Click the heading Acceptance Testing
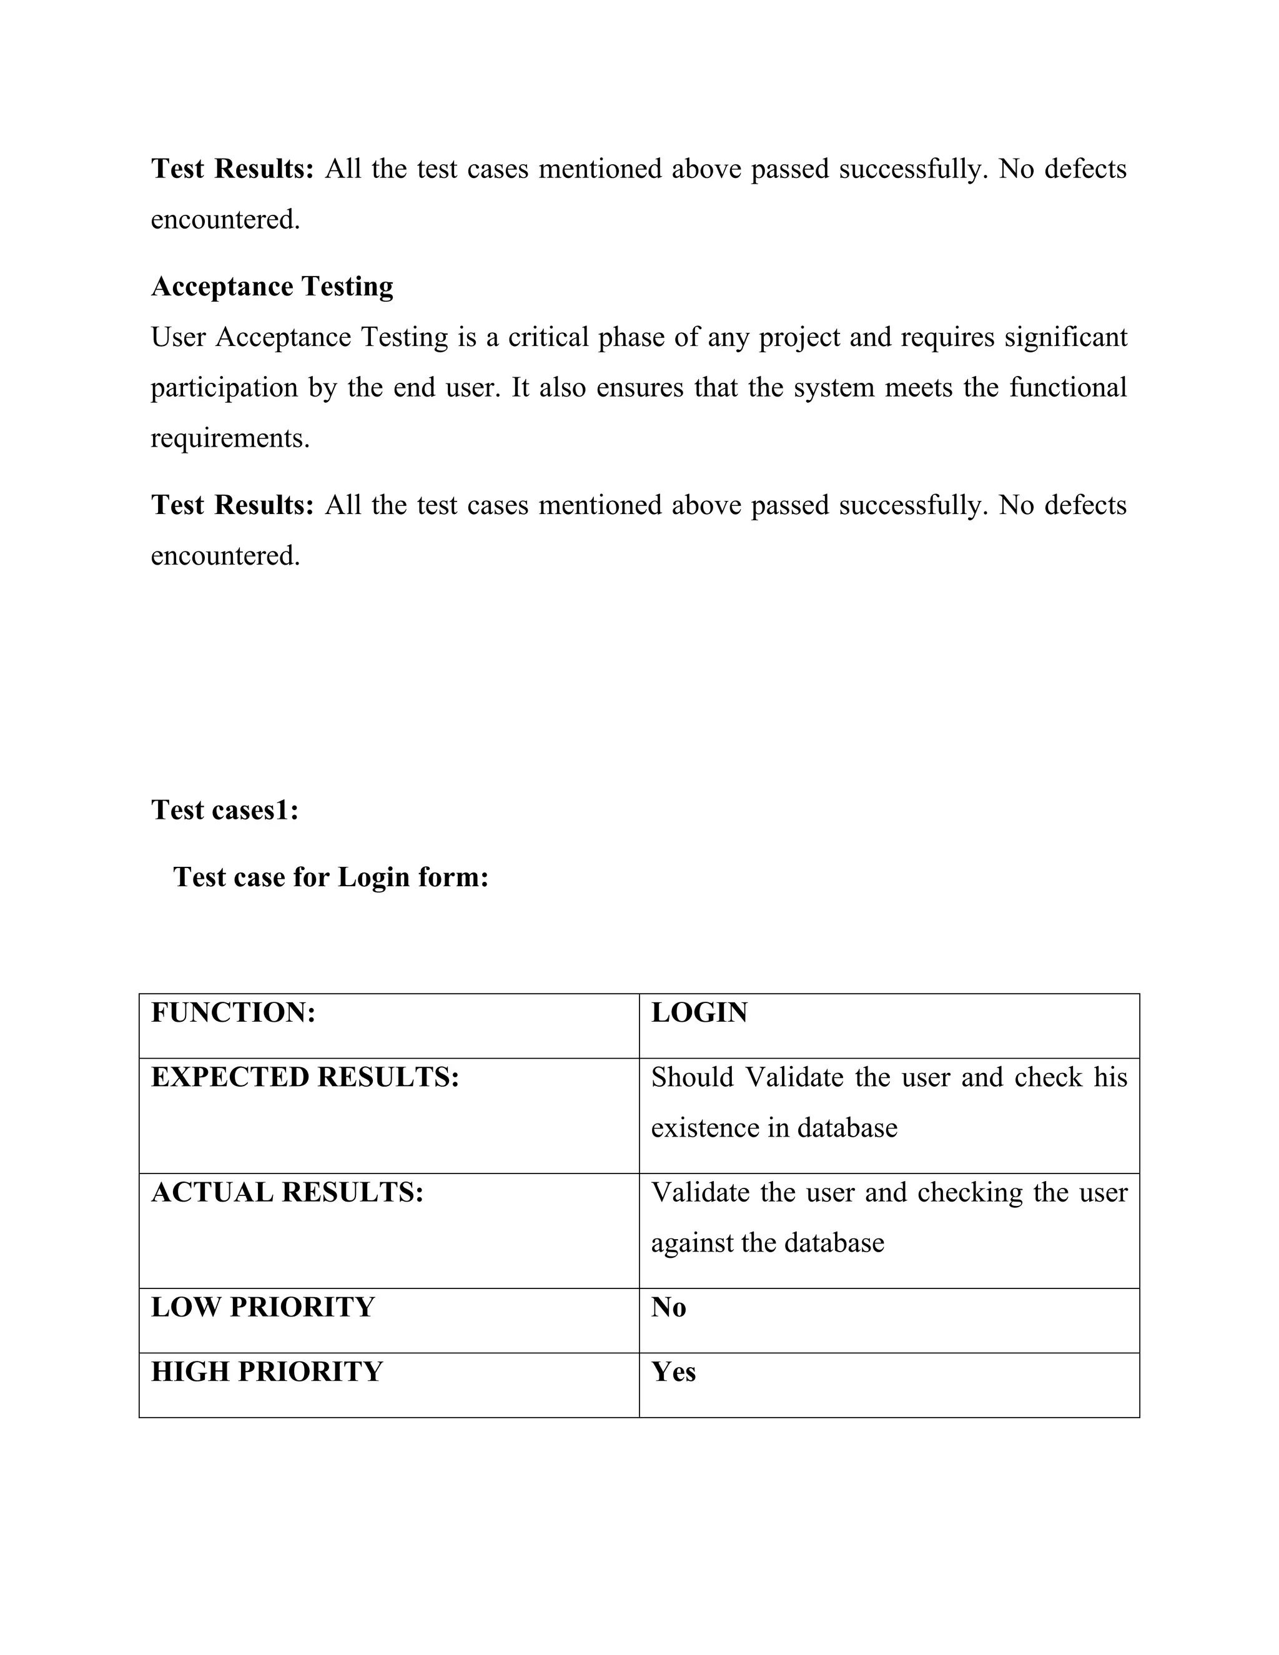272,287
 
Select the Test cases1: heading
225,810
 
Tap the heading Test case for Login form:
330,877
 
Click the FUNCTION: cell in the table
234,1012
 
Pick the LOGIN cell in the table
699,1012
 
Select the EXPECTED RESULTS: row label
305,1077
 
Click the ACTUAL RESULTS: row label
287,1192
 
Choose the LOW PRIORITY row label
263,1307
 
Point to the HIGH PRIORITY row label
267,1371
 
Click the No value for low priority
668,1307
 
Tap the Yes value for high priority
673,1371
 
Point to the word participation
224,388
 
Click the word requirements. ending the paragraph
230,438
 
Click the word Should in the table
693,1077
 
